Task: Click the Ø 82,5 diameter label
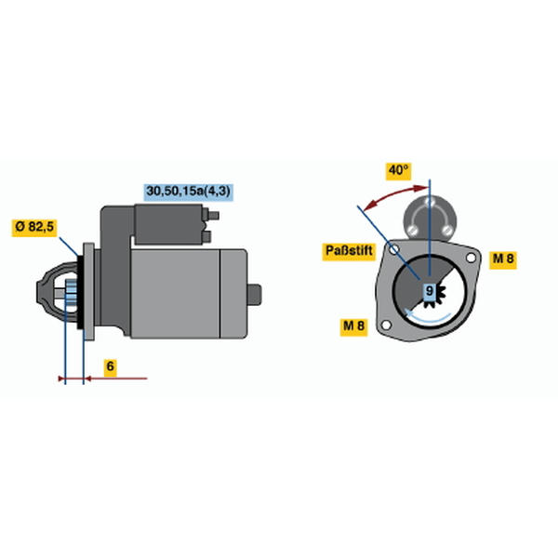click(x=34, y=226)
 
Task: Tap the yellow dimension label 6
click(x=111, y=366)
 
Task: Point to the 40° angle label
click(x=399, y=170)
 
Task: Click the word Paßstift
click(x=349, y=251)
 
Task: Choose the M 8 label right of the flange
click(x=503, y=259)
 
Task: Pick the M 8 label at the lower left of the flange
click(x=353, y=326)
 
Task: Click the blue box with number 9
click(x=430, y=291)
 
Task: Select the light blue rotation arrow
click(x=428, y=316)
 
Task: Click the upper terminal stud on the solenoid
click(x=213, y=216)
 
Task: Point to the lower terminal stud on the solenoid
click(x=207, y=236)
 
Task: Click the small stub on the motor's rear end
click(x=255, y=294)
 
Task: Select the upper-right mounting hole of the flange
click(x=471, y=258)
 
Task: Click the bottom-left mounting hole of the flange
click(x=386, y=325)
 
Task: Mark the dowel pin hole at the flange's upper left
click(x=394, y=249)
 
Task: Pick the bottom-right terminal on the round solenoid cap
click(x=447, y=230)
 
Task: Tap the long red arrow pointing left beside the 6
click(x=116, y=379)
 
